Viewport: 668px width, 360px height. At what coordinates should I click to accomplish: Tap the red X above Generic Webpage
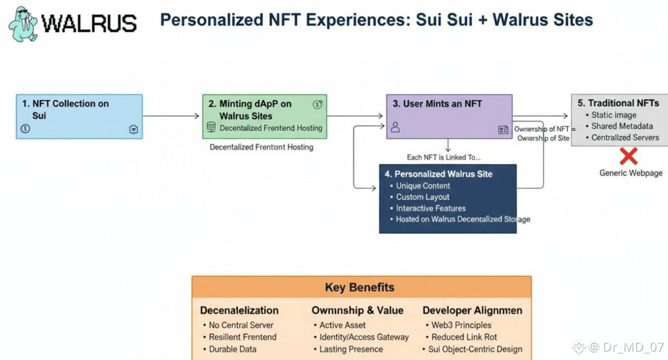[628, 156]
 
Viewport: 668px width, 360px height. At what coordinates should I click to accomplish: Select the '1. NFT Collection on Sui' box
[79, 116]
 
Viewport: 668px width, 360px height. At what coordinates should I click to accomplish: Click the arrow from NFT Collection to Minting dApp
[171, 116]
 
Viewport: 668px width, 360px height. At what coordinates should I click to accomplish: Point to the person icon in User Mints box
[395, 127]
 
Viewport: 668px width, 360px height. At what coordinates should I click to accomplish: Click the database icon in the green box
[211, 127]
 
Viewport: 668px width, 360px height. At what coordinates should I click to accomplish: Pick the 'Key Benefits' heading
[360, 287]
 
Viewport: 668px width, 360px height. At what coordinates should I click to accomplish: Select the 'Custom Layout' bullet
[422, 197]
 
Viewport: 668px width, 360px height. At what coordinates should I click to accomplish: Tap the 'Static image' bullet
[614, 115]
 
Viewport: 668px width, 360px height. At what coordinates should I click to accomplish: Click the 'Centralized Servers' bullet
[625, 138]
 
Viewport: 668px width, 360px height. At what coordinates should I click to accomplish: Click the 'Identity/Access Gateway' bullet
[364, 337]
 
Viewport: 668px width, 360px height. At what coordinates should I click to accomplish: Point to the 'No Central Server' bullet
[241, 325]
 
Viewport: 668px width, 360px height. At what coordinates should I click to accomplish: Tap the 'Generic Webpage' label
[631, 173]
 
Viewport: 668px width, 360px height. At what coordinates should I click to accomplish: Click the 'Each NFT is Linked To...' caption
[443, 157]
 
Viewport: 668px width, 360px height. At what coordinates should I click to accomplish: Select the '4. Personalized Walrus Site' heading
[443, 174]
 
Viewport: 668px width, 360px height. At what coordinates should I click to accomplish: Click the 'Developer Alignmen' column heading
[472, 310]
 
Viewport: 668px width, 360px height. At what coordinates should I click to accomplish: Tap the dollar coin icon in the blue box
[25, 129]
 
